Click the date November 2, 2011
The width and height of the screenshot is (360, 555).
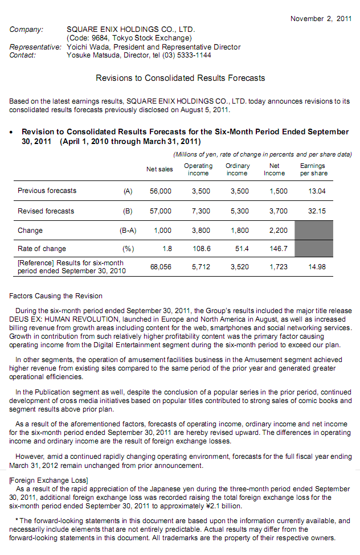[x=321, y=19]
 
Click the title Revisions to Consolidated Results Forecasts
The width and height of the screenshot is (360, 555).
[x=180, y=78]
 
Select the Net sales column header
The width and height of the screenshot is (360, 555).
[x=159, y=169]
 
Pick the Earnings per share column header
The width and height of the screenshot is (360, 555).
[x=313, y=170]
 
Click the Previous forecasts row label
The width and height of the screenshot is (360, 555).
[x=47, y=191]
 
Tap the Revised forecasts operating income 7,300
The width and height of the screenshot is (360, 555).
[x=201, y=211]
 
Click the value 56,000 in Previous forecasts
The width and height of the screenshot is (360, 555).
[x=161, y=191]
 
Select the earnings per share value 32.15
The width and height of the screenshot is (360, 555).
[x=317, y=211]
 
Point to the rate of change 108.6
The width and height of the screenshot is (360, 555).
[x=202, y=249]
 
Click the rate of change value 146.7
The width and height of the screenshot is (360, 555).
[x=279, y=249]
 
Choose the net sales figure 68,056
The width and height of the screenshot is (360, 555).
[x=161, y=266]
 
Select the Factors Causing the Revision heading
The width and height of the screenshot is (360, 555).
[x=56, y=296]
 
